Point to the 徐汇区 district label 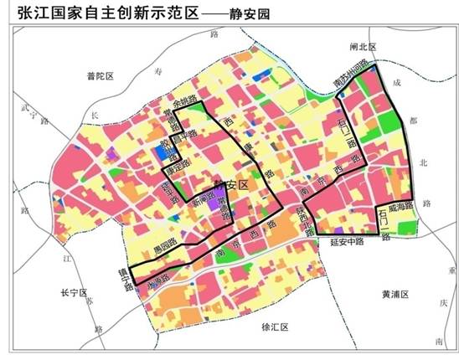click(x=275, y=327)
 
